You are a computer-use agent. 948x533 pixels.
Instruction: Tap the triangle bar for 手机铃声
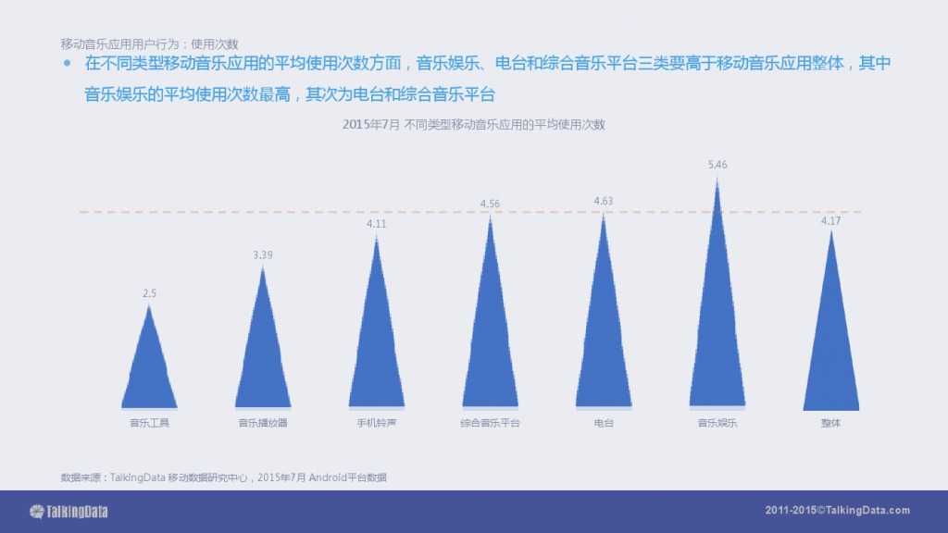[377, 342]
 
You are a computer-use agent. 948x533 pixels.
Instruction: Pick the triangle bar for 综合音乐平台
[491, 333]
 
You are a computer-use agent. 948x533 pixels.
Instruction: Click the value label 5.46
[717, 165]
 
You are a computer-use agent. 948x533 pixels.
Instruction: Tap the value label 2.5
[149, 293]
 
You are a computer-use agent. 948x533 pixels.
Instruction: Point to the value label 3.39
[263, 254]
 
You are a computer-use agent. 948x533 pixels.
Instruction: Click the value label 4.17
[831, 220]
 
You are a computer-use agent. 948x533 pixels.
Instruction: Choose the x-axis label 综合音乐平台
[491, 423]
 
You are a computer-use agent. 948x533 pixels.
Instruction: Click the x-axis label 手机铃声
[377, 423]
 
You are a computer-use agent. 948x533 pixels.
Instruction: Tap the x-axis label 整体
[831, 423]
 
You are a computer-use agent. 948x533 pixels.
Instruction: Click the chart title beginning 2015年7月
[473, 124]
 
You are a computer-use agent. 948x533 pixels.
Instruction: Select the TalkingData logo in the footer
[69, 511]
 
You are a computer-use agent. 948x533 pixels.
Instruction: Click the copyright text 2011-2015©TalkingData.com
[838, 511]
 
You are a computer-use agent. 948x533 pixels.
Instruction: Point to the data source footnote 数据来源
[223, 477]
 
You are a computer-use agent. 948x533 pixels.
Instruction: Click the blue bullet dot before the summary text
[67, 65]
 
